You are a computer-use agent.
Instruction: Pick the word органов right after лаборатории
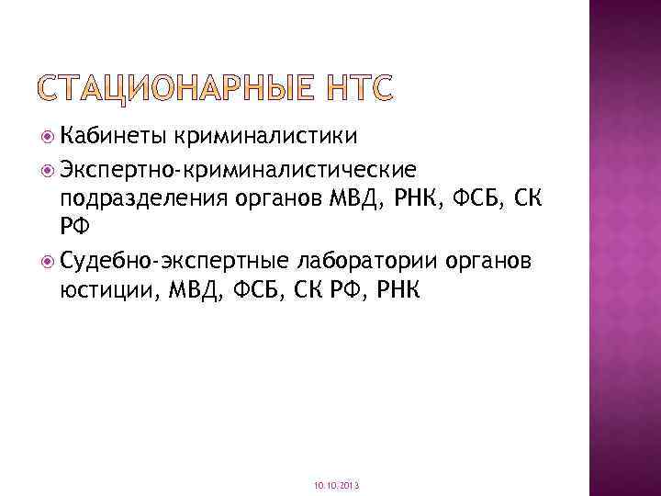click(x=487, y=261)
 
